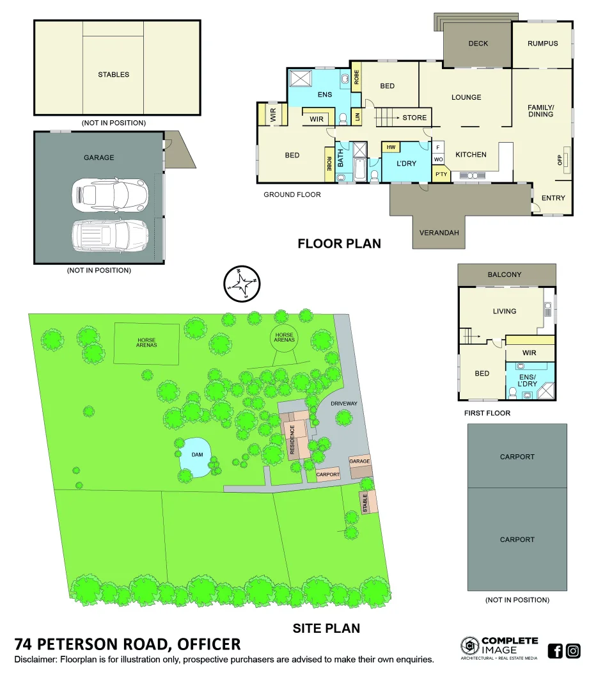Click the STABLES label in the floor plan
[113, 75]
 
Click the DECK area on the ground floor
[478, 44]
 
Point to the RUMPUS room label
[542, 44]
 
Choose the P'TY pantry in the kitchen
[441, 174]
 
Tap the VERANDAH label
[439, 233]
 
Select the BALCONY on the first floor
[505, 275]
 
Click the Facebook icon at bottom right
[555, 651]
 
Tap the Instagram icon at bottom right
[573, 651]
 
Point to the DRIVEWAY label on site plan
[344, 404]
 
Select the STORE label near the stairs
[414, 118]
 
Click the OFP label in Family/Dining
[560, 159]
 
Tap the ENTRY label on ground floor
[553, 198]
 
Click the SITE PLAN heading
[326, 628]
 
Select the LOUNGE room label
[466, 98]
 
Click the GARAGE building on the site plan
[359, 462]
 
